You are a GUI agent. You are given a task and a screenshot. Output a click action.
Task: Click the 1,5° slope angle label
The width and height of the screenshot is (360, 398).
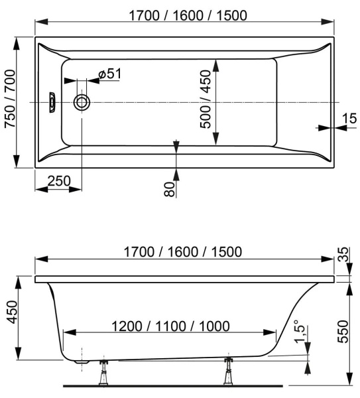[x=302, y=331]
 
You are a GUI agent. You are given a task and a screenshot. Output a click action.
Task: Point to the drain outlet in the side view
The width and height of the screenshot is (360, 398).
[x=81, y=362]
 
